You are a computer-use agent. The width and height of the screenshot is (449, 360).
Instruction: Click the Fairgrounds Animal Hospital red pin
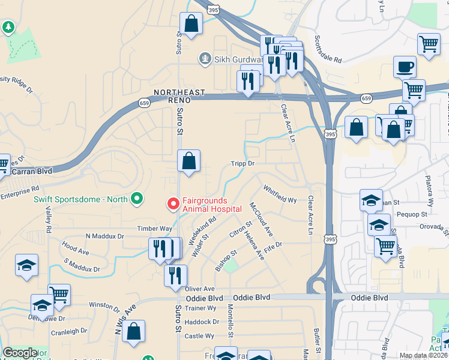tap(173, 204)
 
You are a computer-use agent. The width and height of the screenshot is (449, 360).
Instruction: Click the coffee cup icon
tap(404, 67)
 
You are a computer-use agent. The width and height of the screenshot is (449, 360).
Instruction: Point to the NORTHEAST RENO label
tap(179, 93)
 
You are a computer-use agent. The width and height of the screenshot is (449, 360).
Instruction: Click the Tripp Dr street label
tap(243, 163)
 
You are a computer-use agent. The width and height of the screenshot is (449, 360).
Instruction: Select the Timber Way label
tap(154, 229)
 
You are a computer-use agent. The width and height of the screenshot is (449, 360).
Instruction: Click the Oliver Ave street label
tap(200, 289)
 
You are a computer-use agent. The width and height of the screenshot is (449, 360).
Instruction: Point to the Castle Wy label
tap(196, 336)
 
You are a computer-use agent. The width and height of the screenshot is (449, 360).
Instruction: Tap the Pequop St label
tap(411, 214)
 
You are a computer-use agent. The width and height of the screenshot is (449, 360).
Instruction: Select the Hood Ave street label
tap(75, 247)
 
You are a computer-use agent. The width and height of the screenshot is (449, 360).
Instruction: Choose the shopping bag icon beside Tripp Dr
tap(188, 161)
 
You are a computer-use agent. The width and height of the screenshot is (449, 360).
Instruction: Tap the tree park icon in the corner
tap(8, 27)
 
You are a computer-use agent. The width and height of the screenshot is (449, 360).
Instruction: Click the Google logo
tap(20, 353)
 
